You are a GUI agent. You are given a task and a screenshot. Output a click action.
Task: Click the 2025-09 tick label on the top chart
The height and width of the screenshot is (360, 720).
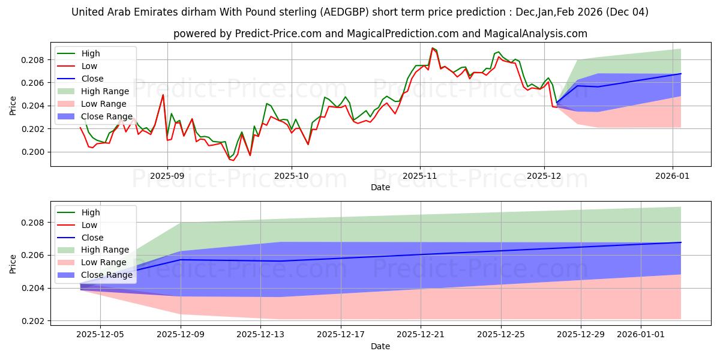167,176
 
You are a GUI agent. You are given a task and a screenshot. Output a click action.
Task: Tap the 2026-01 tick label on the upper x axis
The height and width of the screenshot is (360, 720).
672,176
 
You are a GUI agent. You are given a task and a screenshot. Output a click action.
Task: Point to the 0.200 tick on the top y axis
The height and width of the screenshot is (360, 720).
34,152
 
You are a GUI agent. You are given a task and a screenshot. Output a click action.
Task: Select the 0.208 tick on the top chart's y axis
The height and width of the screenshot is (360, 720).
34,60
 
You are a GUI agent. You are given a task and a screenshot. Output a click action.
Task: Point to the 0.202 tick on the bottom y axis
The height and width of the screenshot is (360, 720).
34,321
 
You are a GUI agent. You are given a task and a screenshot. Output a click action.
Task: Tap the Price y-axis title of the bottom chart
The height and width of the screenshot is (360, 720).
13,263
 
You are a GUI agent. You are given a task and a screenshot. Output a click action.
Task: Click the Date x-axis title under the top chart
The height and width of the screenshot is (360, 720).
380,187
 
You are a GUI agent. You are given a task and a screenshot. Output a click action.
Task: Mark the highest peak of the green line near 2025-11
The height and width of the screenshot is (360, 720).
433,48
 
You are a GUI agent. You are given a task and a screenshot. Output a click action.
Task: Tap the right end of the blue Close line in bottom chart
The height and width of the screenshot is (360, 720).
681,242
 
